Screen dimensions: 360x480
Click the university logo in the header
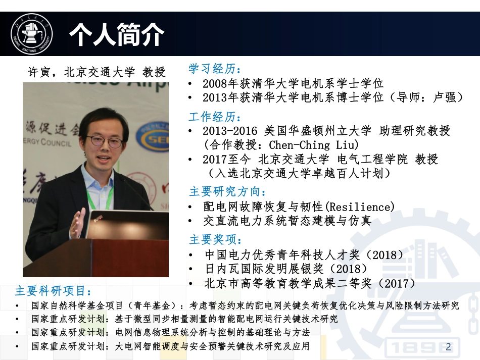click(x=32, y=34)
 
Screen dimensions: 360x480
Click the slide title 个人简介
click(x=117, y=35)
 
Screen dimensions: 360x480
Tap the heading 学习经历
click(x=215, y=69)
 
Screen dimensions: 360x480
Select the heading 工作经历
click(x=215, y=117)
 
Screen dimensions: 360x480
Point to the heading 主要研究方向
click(x=227, y=192)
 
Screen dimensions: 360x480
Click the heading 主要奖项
click(x=215, y=239)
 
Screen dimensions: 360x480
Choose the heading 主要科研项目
click(x=54, y=291)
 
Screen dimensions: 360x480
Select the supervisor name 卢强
click(x=445, y=97)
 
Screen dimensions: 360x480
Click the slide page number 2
click(x=448, y=346)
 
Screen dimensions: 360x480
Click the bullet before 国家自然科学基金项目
click(x=18, y=306)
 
